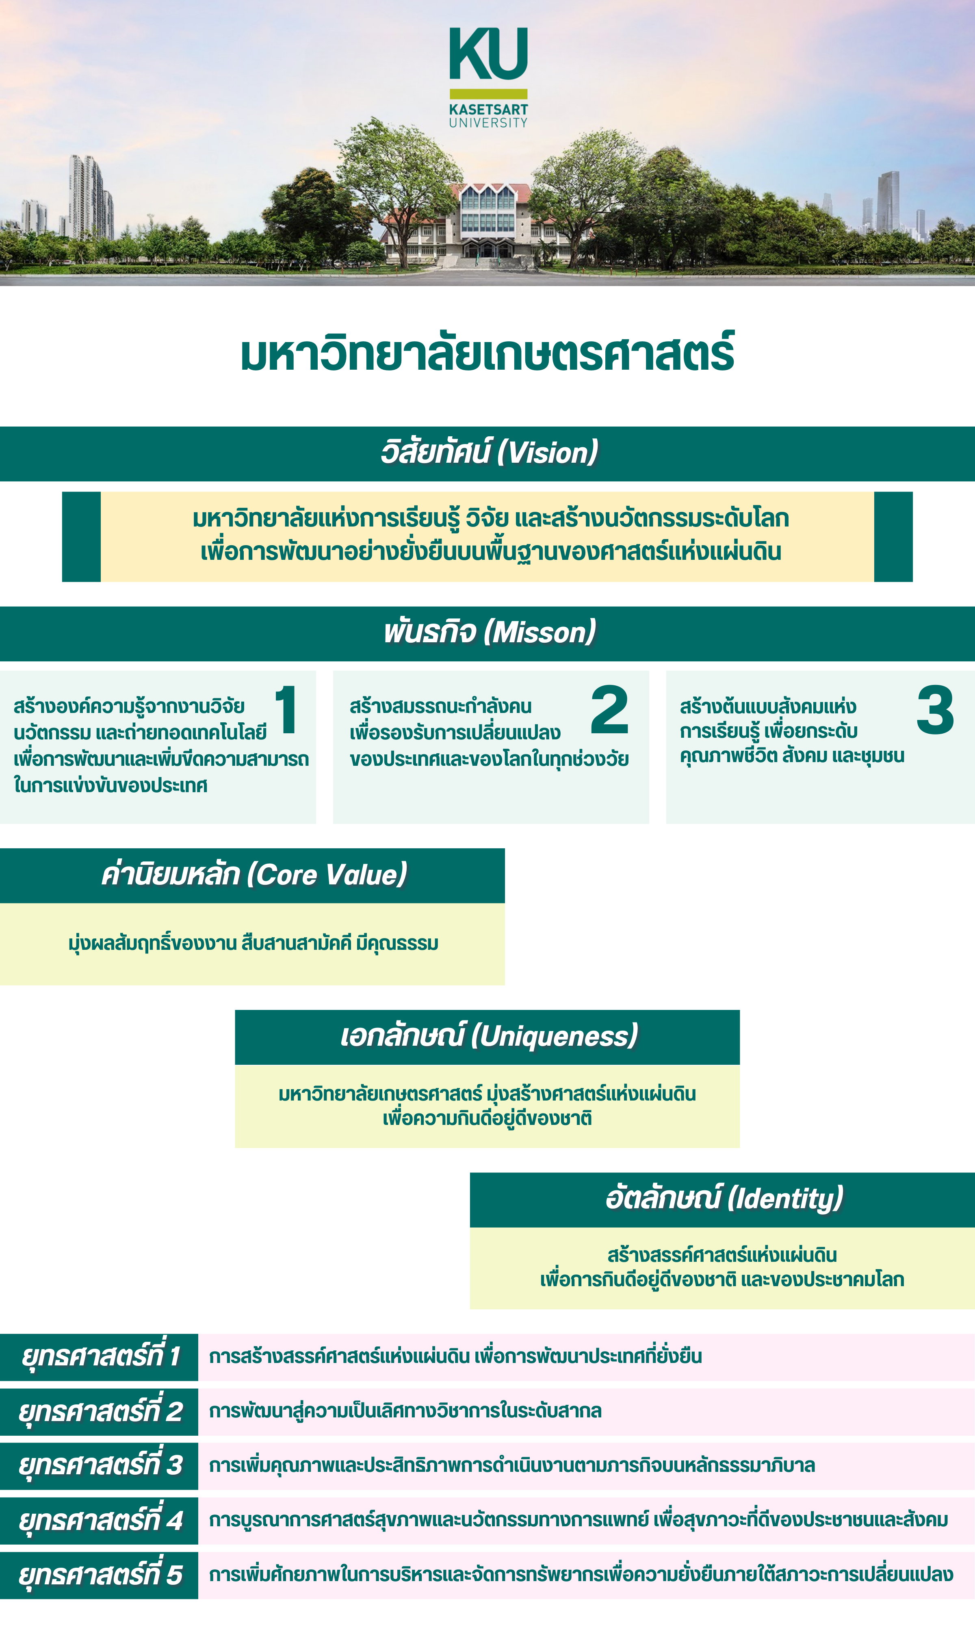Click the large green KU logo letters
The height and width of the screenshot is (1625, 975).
[488, 54]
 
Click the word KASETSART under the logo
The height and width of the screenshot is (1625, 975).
[488, 110]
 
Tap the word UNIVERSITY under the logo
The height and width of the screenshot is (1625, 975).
[488, 123]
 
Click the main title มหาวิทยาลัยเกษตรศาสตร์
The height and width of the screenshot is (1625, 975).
[487, 355]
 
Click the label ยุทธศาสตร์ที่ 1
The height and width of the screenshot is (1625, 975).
[100, 1356]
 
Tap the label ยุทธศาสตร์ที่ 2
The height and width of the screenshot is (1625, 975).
[100, 1411]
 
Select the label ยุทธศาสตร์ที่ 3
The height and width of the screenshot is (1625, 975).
[100, 1465]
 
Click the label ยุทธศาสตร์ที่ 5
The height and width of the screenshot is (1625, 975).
[100, 1575]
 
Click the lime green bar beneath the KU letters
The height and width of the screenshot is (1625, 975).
[488, 94]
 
